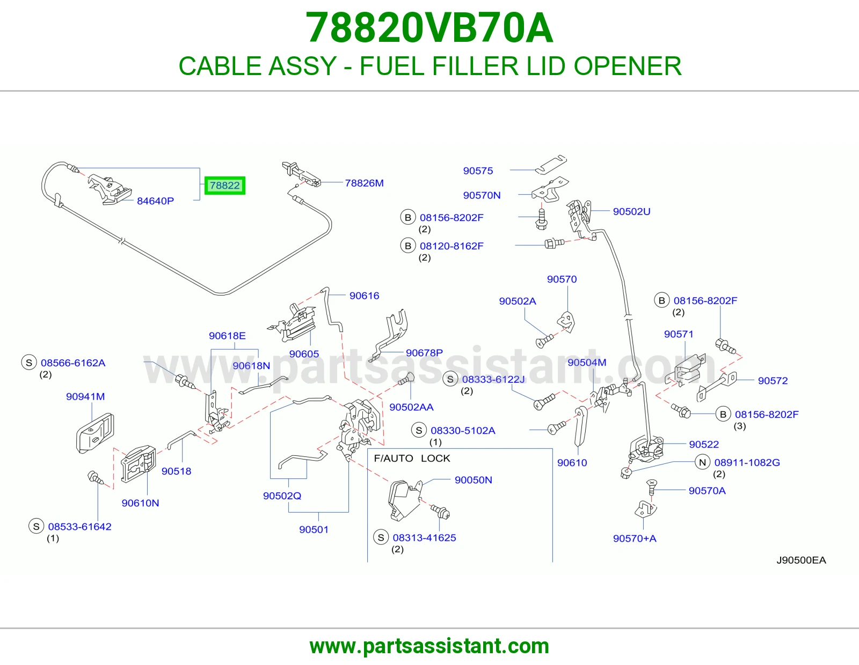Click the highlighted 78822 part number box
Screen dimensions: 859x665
tap(224, 185)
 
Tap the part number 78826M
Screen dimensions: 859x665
tap(364, 183)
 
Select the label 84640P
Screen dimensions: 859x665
tap(155, 201)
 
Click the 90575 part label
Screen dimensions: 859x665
tap(478, 171)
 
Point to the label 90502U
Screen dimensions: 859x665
tap(631, 211)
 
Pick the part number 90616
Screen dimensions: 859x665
tap(364, 295)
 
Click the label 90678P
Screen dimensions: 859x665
tap(424, 353)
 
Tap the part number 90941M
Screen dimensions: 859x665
tap(85, 396)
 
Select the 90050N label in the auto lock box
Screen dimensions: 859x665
tap(473, 480)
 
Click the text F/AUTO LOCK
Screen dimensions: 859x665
tap(412, 458)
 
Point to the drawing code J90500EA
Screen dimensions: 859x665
tap(801, 560)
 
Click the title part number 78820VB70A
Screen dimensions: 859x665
tap(429, 28)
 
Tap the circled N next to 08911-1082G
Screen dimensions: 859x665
tap(702, 462)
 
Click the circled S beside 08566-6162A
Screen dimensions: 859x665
tap(29, 363)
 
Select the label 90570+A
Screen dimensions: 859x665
tap(635, 538)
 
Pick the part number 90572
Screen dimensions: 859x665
tap(773, 380)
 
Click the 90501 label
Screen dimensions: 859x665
tap(314, 529)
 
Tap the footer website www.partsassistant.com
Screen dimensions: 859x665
tap(429, 646)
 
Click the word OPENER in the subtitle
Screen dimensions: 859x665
tap(628, 66)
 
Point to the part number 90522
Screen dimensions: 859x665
tap(704, 444)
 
